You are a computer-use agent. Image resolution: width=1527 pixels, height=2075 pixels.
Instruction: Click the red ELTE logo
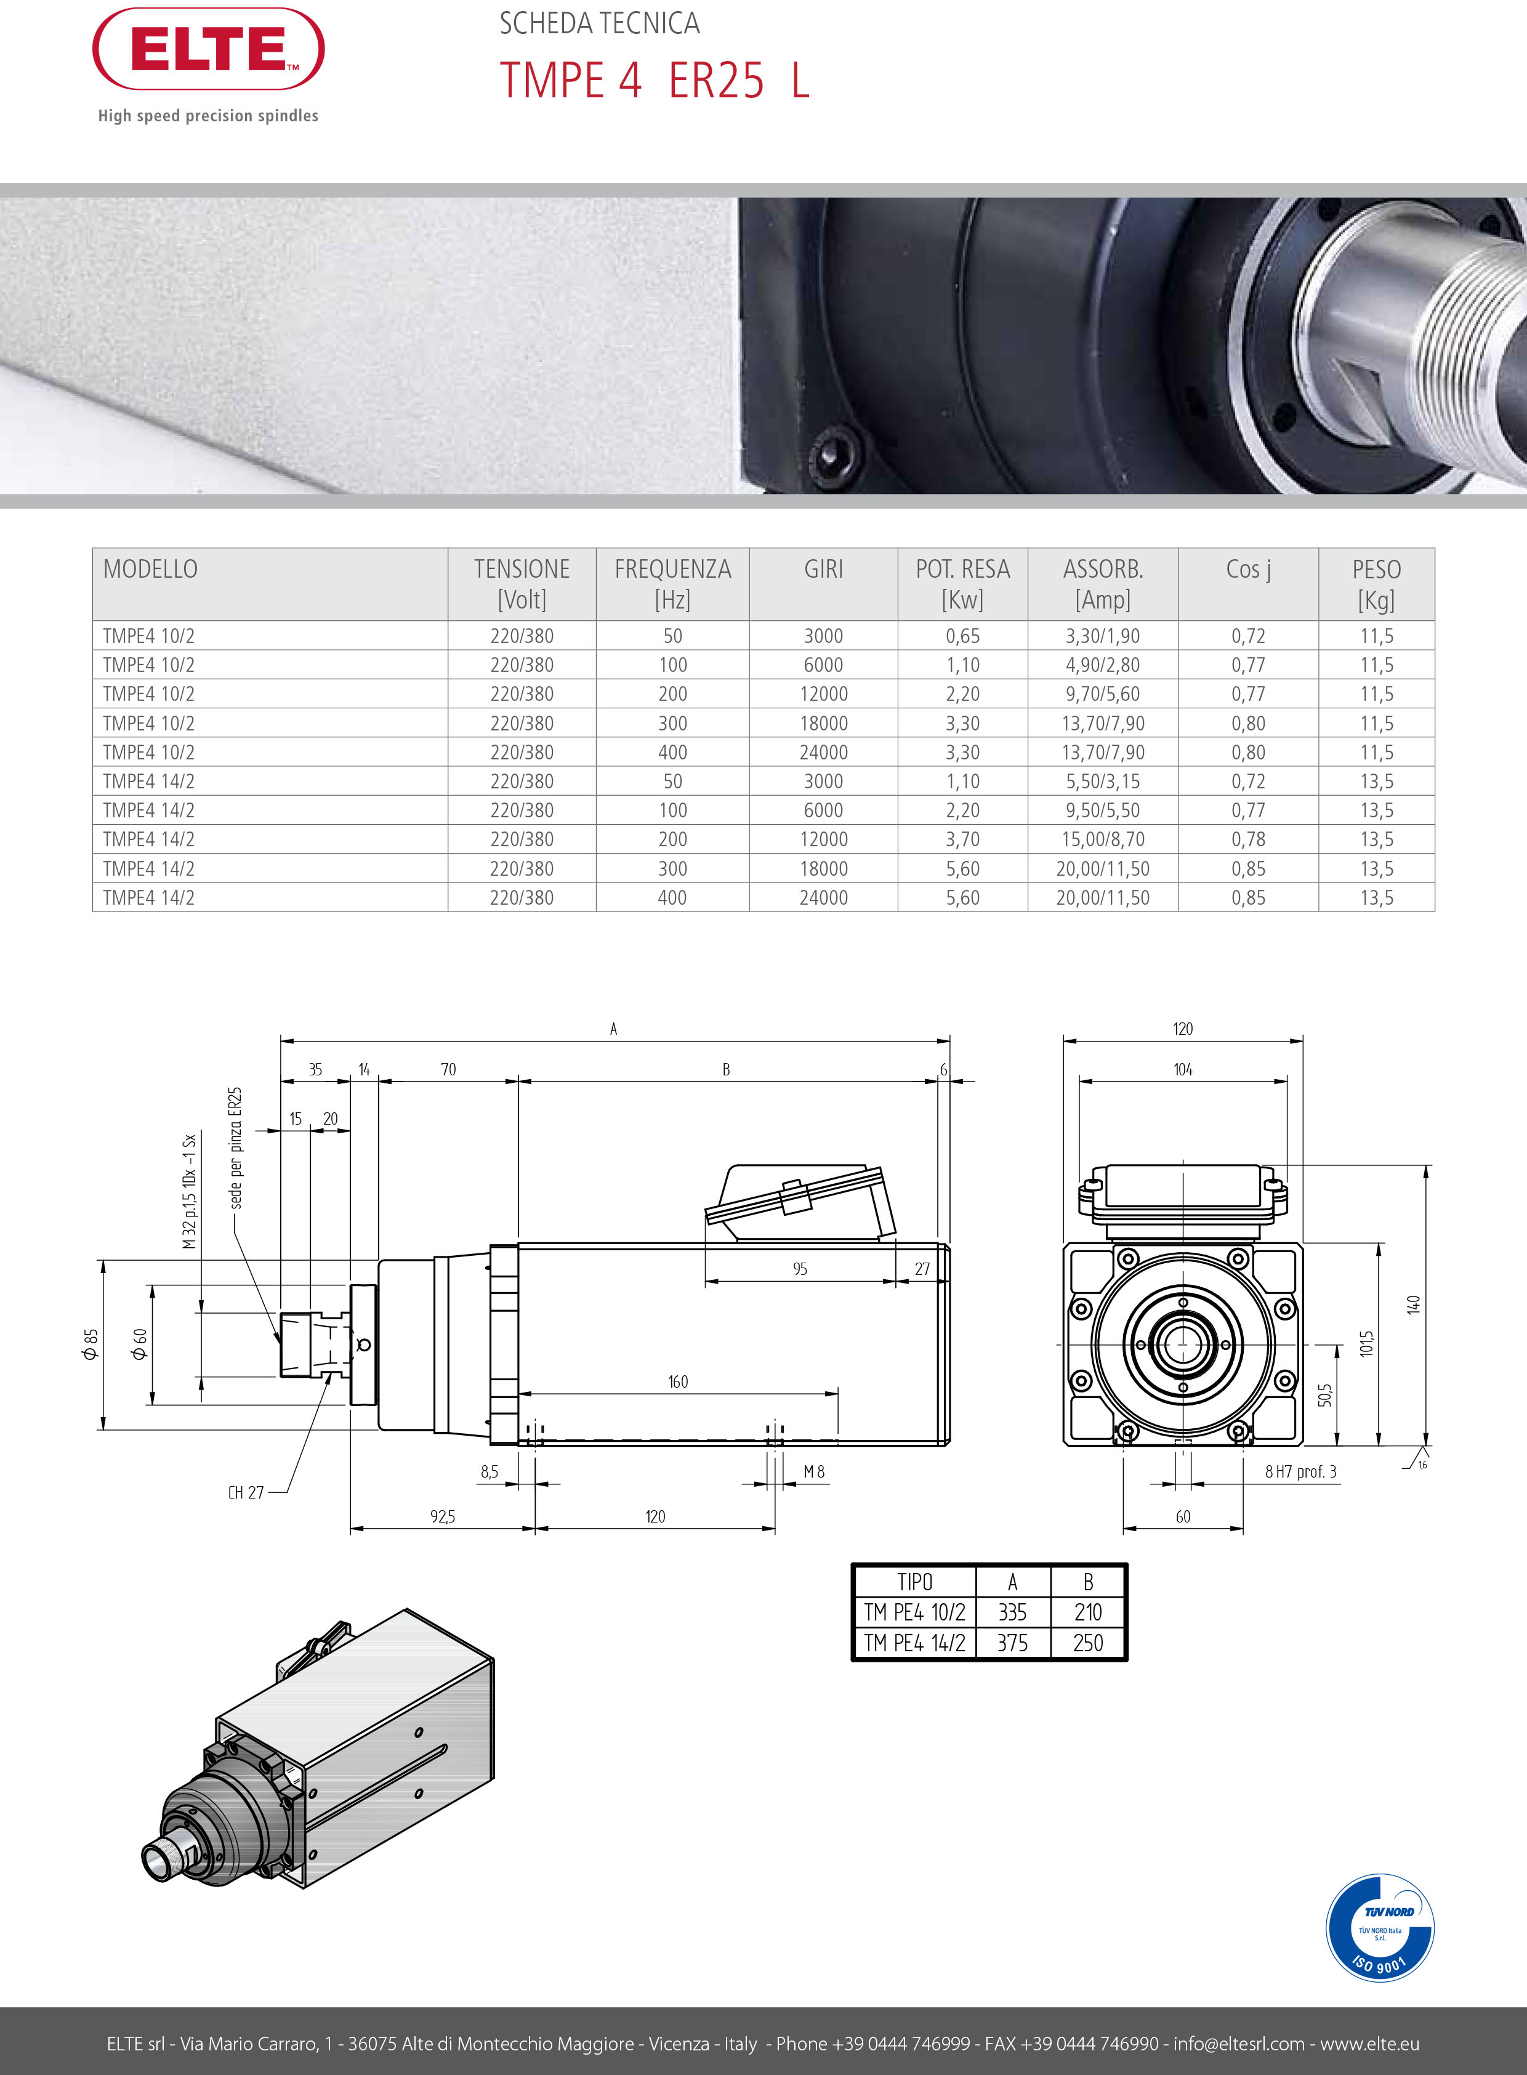tap(208, 49)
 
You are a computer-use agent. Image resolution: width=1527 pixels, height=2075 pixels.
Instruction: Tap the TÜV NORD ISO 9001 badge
tap(1380, 1928)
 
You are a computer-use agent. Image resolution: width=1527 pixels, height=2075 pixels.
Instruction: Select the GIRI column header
tap(824, 570)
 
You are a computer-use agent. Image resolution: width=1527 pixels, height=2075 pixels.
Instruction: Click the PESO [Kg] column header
tap(1376, 584)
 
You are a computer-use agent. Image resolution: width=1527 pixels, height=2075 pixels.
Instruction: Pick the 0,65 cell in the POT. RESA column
tap(962, 636)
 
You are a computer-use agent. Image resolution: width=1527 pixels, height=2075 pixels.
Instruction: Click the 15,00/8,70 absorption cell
tap(1103, 839)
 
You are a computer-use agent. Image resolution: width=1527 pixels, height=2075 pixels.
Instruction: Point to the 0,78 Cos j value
tap(1248, 839)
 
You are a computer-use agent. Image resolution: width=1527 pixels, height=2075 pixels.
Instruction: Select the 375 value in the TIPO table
tap(1012, 1643)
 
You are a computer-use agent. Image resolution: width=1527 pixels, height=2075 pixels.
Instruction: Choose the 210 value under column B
tap(1088, 1612)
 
